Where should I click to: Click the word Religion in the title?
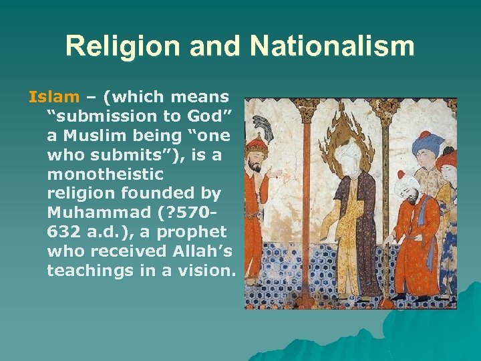coord(110,46)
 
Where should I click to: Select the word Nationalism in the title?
coord(331,46)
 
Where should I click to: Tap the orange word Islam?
coord(53,97)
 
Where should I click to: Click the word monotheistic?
coord(105,174)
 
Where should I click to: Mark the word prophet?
coord(193,232)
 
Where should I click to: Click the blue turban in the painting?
coord(428,142)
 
